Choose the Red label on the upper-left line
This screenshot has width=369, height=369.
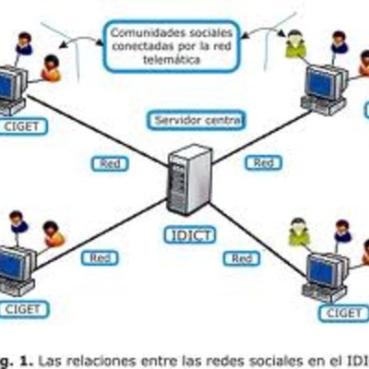(x=109, y=162)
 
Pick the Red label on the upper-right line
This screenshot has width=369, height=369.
(x=264, y=162)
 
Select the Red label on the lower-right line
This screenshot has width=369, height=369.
(x=241, y=259)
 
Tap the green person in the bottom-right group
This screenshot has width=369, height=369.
(x=298, y=231)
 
